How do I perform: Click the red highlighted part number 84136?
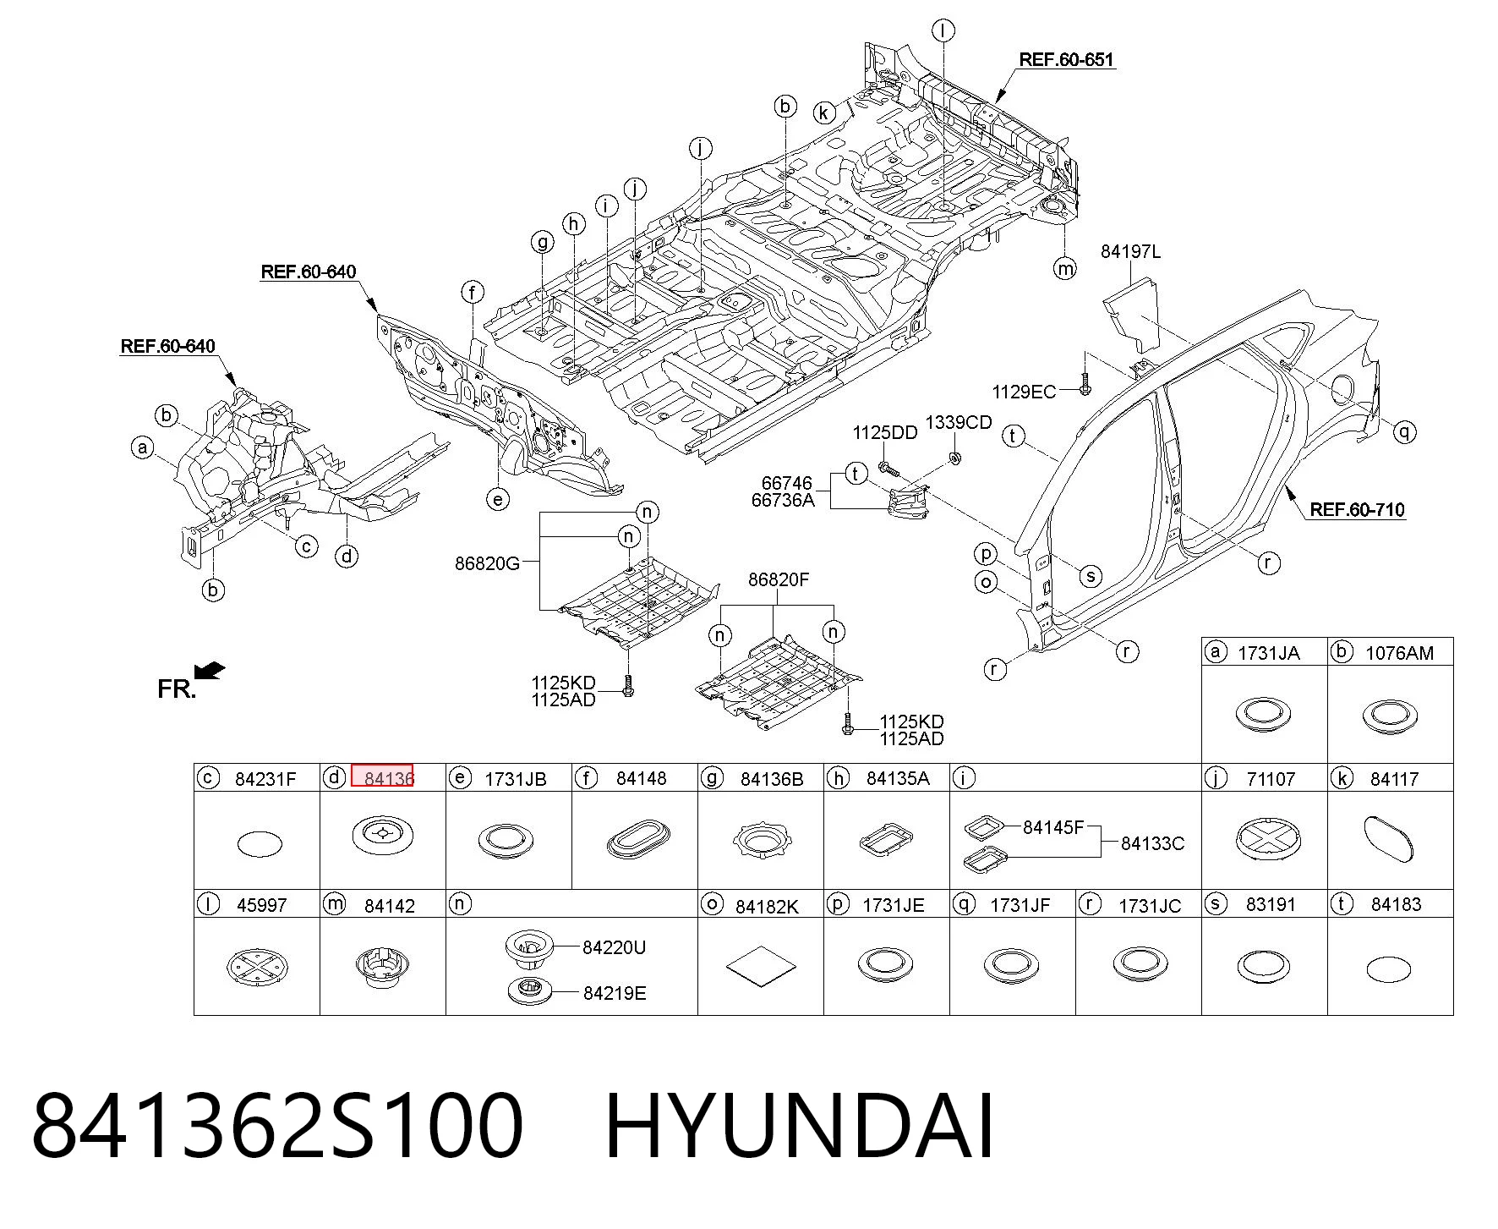[x=382, y=776]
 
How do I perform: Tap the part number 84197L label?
[x=1130, y=251]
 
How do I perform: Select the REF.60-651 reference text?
[x=1066, y=59]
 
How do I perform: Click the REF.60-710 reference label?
[x=1357, y=509]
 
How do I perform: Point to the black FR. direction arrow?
[x=210, y=671]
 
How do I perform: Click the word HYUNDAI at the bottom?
[x=799, y=1127]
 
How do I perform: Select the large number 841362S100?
[x=277, y=1127]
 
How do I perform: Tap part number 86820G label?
[x=487, y=563]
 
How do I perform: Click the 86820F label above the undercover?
[x=778, y=580]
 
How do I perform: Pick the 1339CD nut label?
[x=958, y=423]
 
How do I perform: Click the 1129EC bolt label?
[x=1024, y=392]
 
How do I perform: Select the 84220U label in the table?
[x=614, y=948]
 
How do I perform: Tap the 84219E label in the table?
[x=615, y=994]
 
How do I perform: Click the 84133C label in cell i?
[x=1152, y=843]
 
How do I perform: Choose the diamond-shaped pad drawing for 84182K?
[x=761, y=966]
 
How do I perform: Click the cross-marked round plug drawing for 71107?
[x=1267, y=840]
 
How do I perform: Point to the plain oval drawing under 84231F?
[x=260, y=843]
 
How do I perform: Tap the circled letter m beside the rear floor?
[x=1065, y=268]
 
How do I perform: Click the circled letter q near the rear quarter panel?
[x=1404, y=432]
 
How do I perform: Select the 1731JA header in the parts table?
[x=1268, y=653]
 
